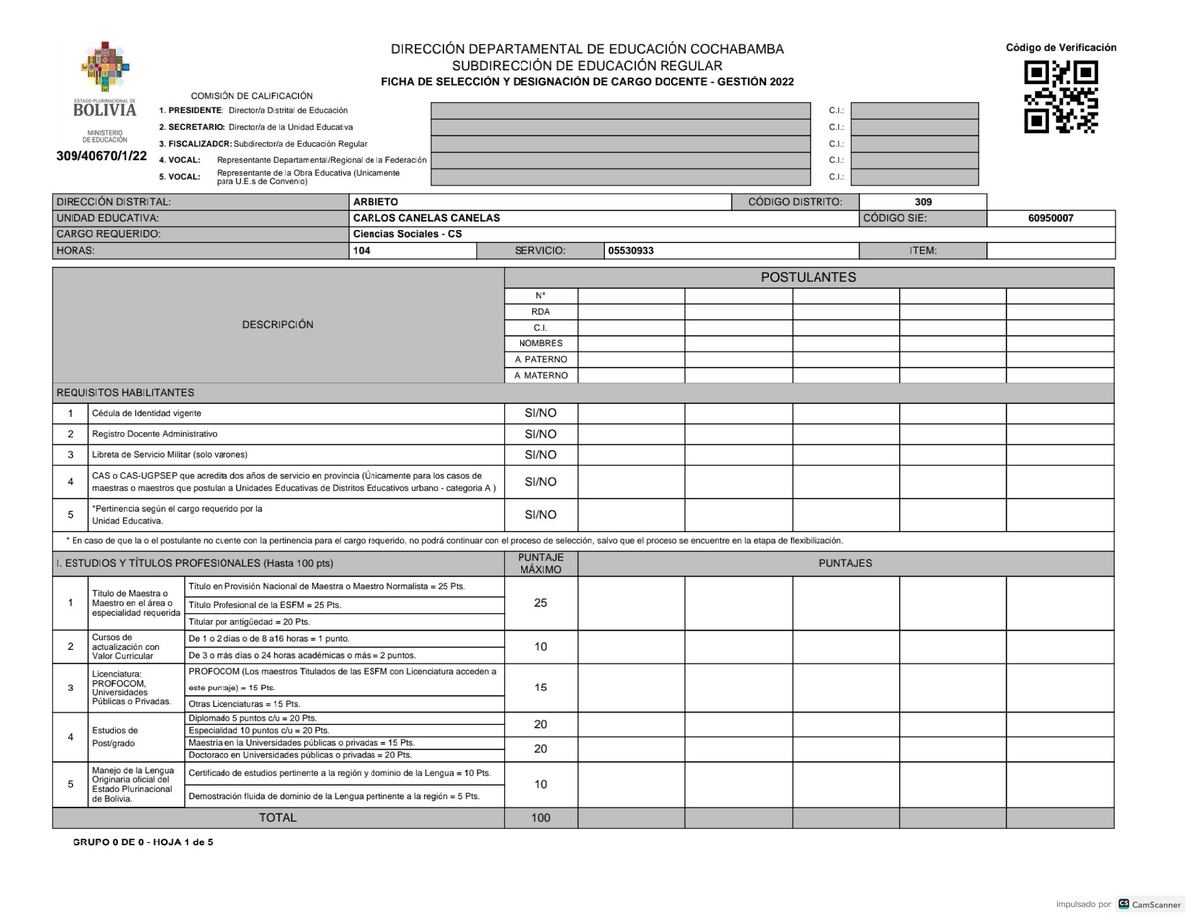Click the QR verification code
pos(1061,96)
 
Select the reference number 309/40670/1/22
pos(102,157)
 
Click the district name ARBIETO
pos(375,202)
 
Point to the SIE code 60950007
pos(1050,218)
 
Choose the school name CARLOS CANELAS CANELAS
pos(426,218)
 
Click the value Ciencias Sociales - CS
pos(407,234)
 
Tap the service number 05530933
pos(631,251)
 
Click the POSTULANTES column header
pos(808,277)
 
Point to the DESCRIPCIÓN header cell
pos(277,325)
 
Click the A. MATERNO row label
pos(540,376)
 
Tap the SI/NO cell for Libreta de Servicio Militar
pos(540,455)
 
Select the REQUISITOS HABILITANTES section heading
pos(125,393)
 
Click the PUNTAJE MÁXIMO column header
pos(540,563)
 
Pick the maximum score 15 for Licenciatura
pos(540,688)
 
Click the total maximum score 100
pos(540,818)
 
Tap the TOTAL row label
pos(277,818)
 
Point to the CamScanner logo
pos(1150,904)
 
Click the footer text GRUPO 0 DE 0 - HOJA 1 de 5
pos(142,842)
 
